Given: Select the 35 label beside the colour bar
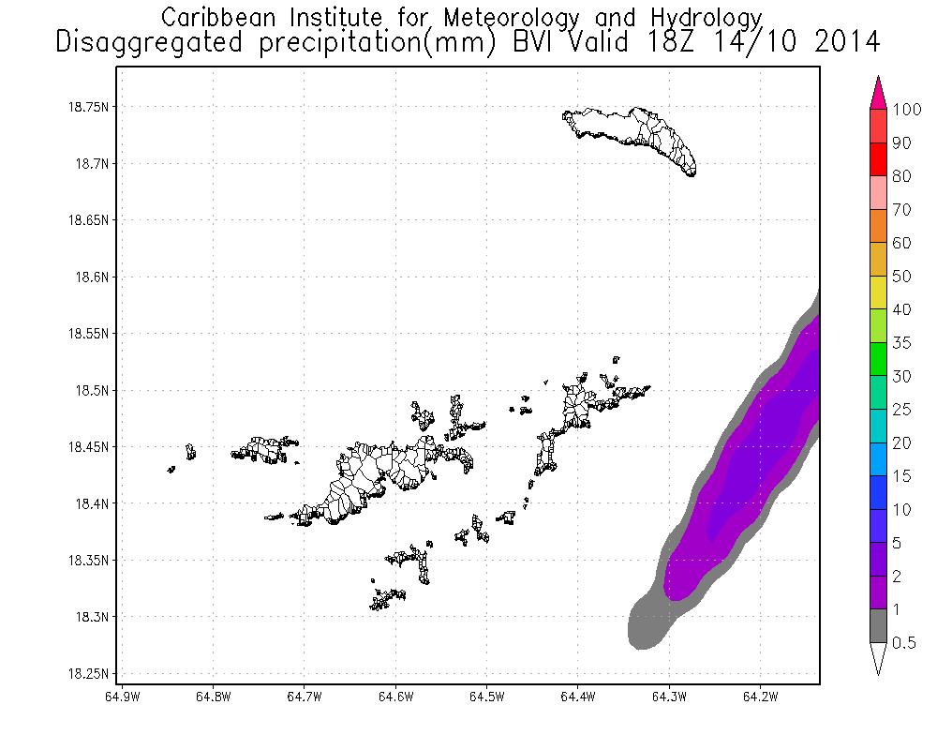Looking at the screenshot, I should pos(900,342).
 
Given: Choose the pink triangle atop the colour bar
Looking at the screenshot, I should pos(879,93).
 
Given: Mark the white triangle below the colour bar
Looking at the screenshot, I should pos(879,659).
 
